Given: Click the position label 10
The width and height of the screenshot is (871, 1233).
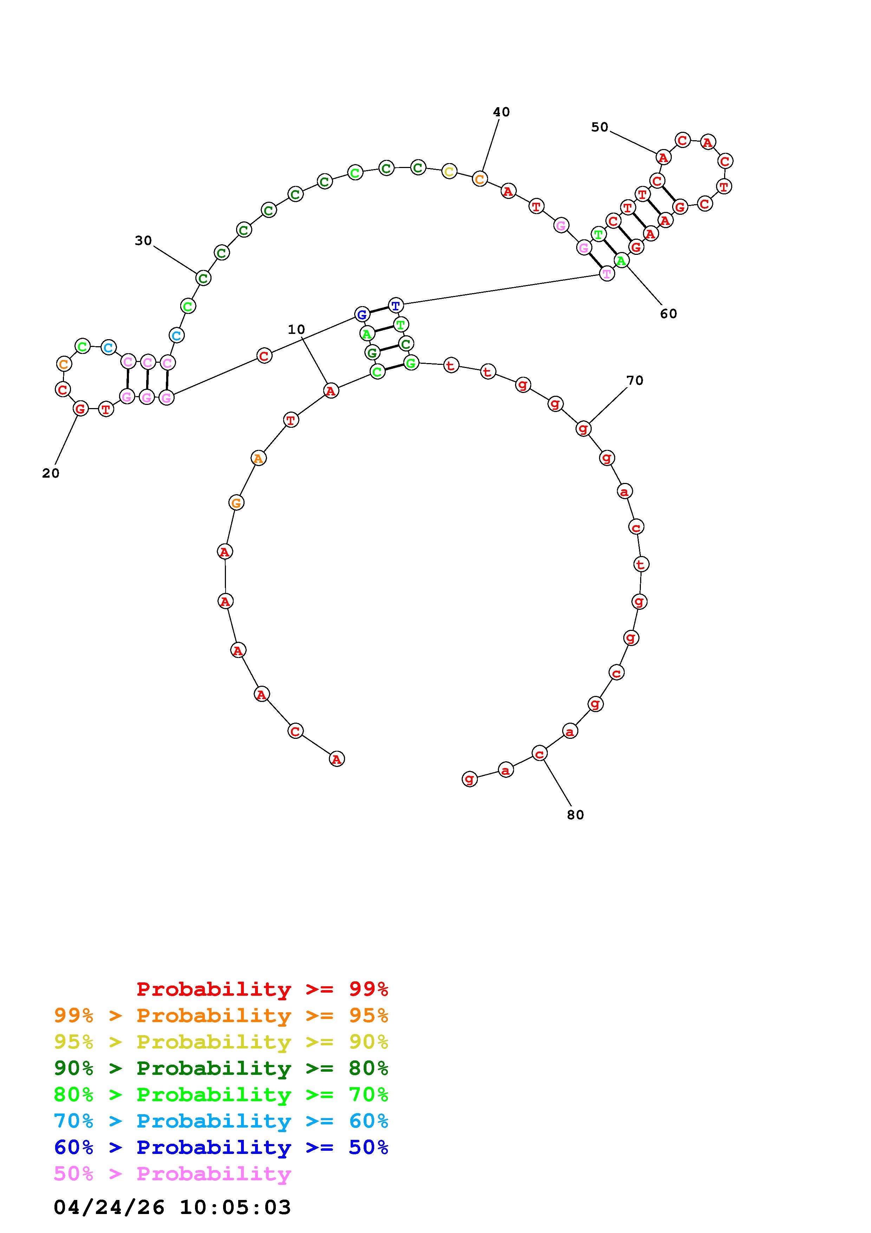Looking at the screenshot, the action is pos(296,329).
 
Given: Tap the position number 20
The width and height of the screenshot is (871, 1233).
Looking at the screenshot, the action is pos(51,473).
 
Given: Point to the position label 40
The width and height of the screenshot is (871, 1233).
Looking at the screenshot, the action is pos(501,112).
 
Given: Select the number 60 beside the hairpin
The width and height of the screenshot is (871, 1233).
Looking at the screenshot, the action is pos(668,314).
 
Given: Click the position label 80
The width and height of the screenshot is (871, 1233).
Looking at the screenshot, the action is pos(575,815).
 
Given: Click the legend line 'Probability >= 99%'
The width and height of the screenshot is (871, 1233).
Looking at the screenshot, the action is pos(262,989).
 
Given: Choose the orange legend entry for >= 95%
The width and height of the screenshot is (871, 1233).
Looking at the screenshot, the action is pos(221,1015).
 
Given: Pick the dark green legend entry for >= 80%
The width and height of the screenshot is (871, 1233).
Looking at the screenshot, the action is pos(221,1068).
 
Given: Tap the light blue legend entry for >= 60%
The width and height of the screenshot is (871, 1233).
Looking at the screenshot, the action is pos(221,1121).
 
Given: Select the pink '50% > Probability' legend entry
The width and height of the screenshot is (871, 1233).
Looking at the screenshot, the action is pos(172,1173).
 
